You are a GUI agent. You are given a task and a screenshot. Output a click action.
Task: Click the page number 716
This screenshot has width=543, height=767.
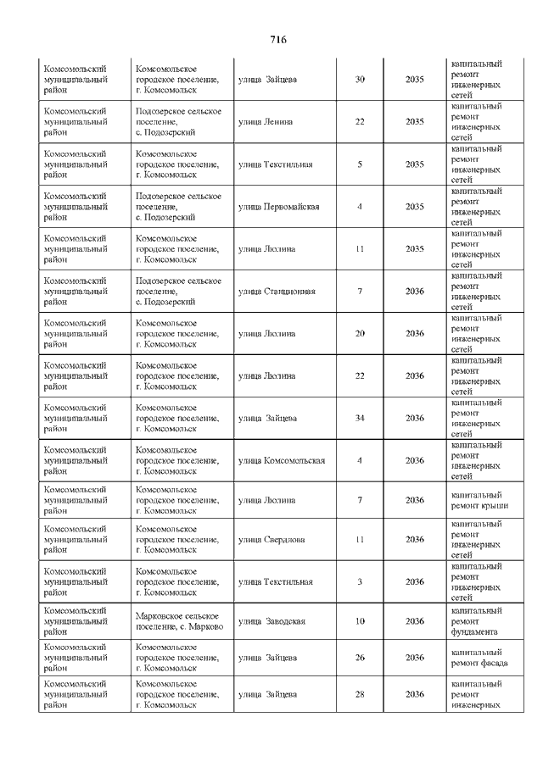click(x=278, y=40)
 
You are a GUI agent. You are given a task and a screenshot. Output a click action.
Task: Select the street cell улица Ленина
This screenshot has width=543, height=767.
click(x=266, y=122)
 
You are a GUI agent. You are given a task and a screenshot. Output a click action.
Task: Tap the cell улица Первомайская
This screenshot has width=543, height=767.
click(x=278, y=207)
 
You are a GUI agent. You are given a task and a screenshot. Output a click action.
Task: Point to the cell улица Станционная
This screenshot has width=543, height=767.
click(x=277, y=292)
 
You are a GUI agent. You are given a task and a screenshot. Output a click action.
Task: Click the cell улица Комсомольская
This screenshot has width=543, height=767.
click(x=282, y=461)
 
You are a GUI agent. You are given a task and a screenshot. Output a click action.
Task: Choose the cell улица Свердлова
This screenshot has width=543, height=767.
click(x=272, y=539)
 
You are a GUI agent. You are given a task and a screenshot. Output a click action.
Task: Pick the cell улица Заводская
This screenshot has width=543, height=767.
click(x=271, y=621)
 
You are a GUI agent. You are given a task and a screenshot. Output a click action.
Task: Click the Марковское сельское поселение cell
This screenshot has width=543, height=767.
click(x=178, y=620)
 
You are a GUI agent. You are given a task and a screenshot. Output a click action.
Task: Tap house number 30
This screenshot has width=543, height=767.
click(x=360, y=80)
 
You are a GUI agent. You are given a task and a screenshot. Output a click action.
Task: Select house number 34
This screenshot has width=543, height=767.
click(x=360, y=419)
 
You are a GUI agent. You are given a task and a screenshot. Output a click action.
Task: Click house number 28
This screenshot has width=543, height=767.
click(x=360, y=695)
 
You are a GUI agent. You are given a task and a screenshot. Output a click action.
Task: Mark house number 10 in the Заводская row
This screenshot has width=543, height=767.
click(x=360, y=621)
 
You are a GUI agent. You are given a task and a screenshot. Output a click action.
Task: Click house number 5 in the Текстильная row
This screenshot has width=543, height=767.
click(x=360, y=164)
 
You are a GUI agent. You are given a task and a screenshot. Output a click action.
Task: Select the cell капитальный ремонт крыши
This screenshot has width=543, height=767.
click(x=479, y=500)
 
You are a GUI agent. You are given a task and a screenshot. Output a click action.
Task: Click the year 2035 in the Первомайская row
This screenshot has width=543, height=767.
click(x=415, y=207)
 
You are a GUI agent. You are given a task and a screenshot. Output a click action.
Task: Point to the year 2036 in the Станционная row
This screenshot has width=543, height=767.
click(x=415, y=292)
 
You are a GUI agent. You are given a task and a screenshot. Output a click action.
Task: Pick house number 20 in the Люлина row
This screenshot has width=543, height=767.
click(x=360, y=334)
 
